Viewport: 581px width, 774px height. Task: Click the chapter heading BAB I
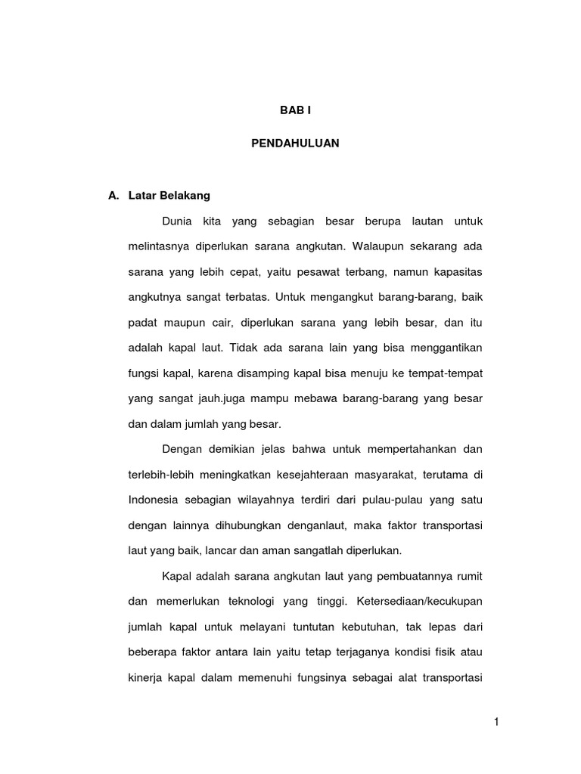tap(295, 110)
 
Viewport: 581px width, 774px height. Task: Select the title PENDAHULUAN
tap(295, 142)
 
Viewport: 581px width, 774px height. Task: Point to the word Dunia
tap(178, 221)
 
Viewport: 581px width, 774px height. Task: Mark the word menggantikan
tap(445, 347)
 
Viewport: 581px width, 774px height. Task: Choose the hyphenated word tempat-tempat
tap(447, 373)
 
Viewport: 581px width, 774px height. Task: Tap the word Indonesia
tap(154, 501)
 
